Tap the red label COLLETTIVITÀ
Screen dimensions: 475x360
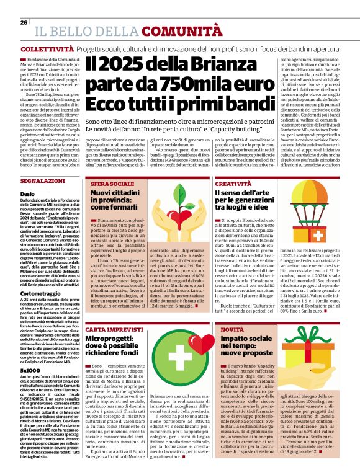(43, 48)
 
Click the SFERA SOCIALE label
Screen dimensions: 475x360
(110, 185)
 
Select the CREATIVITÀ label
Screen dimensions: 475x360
(234, 185)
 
